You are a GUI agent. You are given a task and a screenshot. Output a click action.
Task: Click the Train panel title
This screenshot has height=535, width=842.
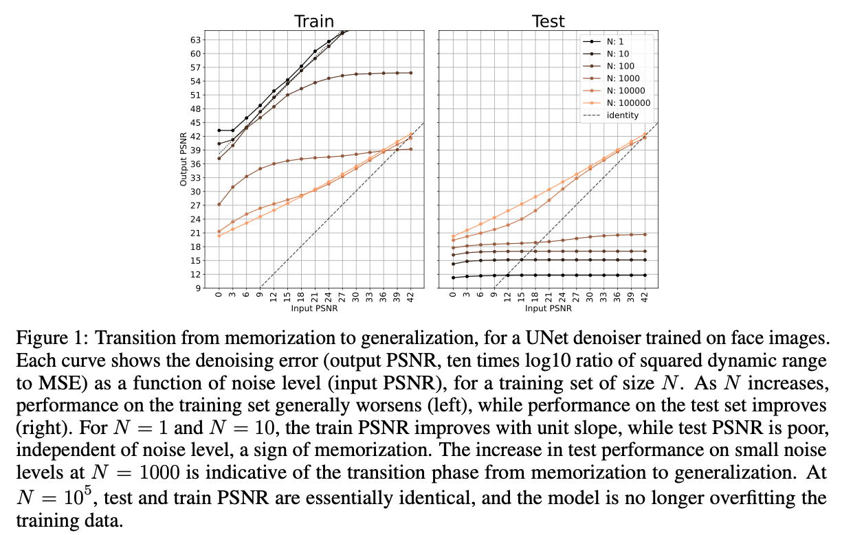pyautogui.click(x=314, y=21)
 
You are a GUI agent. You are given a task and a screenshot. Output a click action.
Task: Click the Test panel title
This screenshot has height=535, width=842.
pyautogui.click(x=549, y=21)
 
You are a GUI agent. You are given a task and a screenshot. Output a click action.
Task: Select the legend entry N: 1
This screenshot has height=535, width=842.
pyautogui.click(x=616, y=41)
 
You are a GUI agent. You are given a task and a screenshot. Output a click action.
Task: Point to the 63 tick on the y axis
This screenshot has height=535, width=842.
pyautogui.click(x=195, y=39)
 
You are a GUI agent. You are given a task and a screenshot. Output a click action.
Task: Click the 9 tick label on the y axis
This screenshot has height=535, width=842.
pyautogui.click(x=197, y=288)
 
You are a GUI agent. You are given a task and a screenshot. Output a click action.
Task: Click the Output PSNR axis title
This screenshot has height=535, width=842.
pyautogui.click(x=184, y=159)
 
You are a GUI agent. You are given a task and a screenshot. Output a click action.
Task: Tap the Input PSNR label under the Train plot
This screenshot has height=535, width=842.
pyautogui.click(x=314, y=308)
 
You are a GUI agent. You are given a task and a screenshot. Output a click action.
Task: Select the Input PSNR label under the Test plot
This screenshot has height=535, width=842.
pyautogui.click(x=548, y=308)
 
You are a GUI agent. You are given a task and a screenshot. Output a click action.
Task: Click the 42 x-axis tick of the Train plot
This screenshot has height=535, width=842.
pyautogui.click(x=411, y=297)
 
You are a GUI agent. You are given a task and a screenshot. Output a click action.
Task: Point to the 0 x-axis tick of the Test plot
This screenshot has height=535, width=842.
pyautogui.click(x=452, y=297)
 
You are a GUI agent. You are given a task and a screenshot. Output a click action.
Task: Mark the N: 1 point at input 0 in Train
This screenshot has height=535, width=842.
pyautogui.click(x=219, y=130)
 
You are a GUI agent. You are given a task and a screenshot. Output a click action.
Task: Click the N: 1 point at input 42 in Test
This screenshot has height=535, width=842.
pyautogui.click(x=645, y=275)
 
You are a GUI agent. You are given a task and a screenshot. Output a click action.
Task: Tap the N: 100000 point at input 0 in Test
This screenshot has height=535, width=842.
pyautogui.click(x=452, y=236)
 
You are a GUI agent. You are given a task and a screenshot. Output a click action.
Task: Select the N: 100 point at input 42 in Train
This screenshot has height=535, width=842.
pyautogui.click(x=411, y=73)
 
